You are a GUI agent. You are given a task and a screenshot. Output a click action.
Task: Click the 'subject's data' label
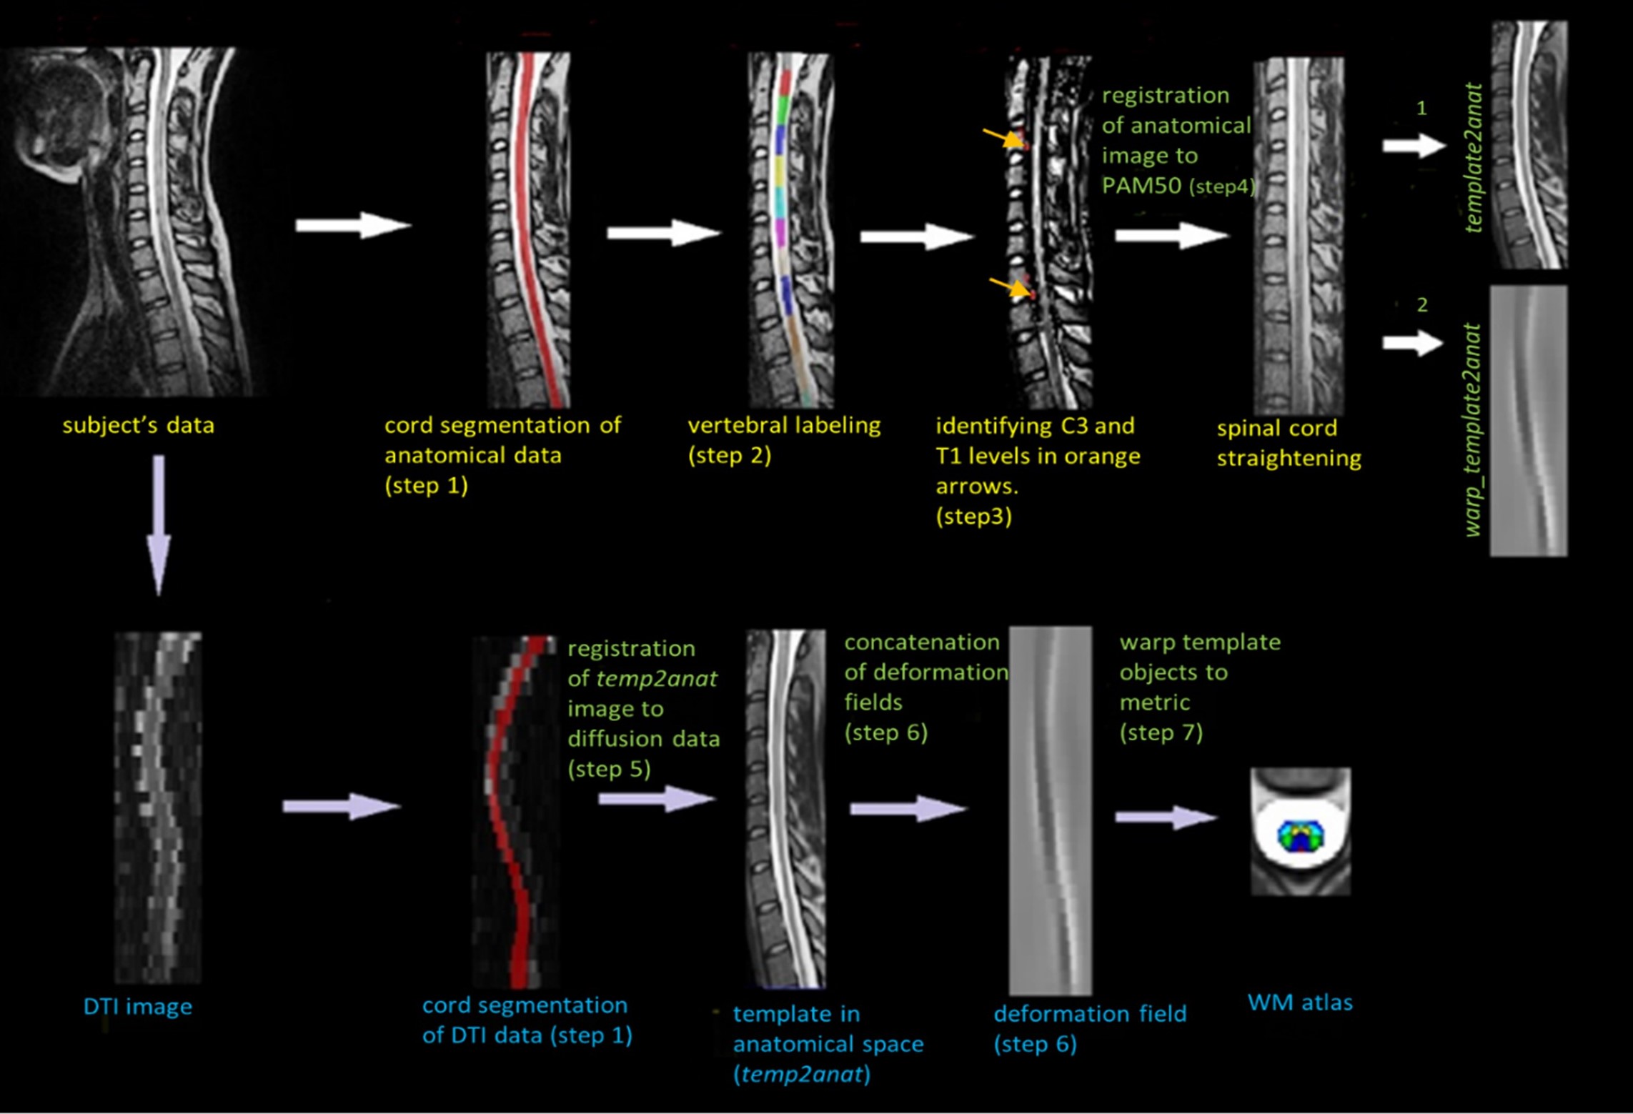click(x=138, y=425)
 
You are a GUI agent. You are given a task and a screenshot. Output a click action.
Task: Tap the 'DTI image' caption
click(x=138, y=1006)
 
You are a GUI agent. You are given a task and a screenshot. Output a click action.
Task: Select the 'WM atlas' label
click(x=1300, y=1003)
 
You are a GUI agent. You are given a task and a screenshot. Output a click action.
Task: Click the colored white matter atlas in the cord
click(x=1301, y=836)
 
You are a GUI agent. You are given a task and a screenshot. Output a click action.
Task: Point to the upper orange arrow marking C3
click(x=1003, y=137)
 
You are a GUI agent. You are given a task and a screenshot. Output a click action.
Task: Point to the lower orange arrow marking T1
click(x=1009, y=287)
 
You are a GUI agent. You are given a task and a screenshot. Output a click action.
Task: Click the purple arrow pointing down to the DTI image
click(x=159, y=525)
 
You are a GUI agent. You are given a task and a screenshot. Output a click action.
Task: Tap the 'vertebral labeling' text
click(x=784, y=425)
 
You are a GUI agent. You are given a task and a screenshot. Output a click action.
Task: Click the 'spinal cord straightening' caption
click(x=1289, y=443)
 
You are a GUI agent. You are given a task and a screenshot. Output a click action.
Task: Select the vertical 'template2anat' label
click(x=1473, y=158)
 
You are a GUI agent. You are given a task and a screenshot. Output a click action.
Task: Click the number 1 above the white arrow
click(x=1421, y=108)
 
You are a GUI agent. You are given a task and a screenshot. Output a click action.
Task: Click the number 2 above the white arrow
click(x=1422, y=305)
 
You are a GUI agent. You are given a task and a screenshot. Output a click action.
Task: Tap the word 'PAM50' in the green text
click(x=1141, y=186)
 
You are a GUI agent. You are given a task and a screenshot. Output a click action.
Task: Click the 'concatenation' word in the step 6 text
click(x=922, y=642)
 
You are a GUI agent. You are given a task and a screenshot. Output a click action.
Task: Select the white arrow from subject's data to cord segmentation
click(x=354, y=226)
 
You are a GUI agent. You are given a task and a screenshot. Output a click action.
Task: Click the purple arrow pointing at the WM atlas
click(x=1166, y=817)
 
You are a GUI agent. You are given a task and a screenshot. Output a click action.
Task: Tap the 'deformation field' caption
click(x=1090, y=1013)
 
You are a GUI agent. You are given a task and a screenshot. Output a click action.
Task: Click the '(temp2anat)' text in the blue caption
click(x=802, y=1074)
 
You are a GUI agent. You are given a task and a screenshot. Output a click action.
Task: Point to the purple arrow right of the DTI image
click(x=342, y=807)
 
